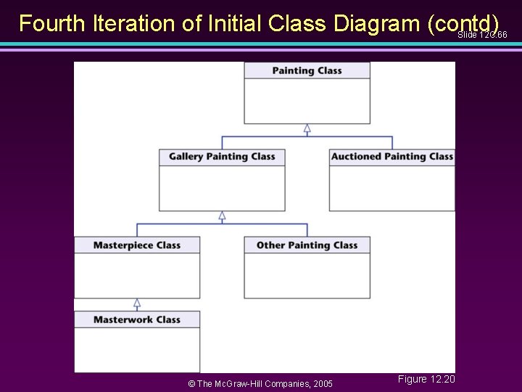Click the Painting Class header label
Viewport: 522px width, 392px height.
coord(307,70)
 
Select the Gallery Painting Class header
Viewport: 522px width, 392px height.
coord(222,156)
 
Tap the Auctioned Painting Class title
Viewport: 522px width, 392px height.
coord(391,156)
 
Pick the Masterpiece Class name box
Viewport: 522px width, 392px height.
coord(137,245)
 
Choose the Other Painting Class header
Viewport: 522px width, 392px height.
coord(307,245)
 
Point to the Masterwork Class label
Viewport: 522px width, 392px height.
coord(137,319)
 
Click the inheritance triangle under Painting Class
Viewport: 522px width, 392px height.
coord(307,128)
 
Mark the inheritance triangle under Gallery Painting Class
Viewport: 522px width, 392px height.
coord(222,216)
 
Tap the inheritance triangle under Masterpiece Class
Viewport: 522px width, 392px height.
coord(137,303)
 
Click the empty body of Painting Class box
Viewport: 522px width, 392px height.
coord(307,101)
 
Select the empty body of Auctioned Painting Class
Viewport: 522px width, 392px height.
coord(391,188)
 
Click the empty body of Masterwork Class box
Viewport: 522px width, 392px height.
coord(137,350)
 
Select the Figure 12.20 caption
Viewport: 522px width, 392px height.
coord(426,379)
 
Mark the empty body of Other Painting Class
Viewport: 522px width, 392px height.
coord(307,276)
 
